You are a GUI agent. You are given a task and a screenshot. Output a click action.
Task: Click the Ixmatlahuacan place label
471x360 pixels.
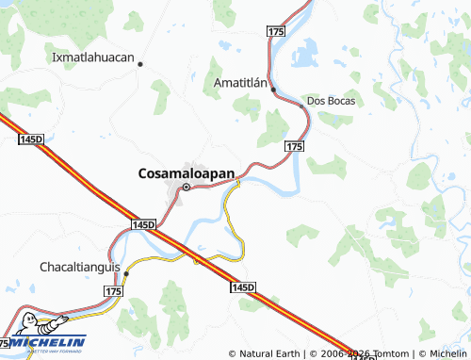pyautogui.click(x=94, y=57)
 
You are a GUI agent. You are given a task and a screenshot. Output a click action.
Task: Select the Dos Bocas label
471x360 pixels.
pyautogui.click(x=330, y=100)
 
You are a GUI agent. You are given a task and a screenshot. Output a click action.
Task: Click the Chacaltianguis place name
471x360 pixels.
pyautogui.click(x=80, y=267)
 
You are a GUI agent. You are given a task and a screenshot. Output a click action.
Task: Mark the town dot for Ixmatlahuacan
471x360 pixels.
pyautogui.click(x=140, y=64)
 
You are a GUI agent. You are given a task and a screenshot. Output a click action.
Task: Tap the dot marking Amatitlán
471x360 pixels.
pyautogui.click(x=273, y=90)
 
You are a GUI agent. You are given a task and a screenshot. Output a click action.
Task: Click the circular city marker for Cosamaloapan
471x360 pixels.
pyautogui.click(x=186, y=187)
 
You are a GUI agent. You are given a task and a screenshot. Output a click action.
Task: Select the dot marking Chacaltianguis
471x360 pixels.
pyautogui.click(x=126, y=273)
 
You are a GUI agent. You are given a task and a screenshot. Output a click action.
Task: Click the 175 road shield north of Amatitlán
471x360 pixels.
pyautogui.click(x=275, y=32)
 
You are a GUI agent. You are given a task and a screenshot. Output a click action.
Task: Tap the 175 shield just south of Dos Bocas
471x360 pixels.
pyautogui.click(x=294, y=146)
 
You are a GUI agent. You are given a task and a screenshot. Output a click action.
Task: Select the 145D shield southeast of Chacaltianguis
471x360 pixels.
pyautogui.click(x=243, y=286)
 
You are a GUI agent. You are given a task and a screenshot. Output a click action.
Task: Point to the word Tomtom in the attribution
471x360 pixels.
pyautogui.click(x=389, y=353)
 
